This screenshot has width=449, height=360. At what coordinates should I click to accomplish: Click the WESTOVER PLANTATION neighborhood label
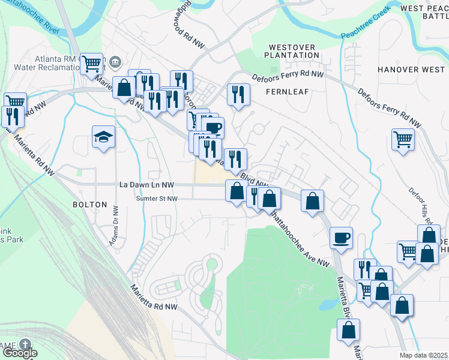(294, 51)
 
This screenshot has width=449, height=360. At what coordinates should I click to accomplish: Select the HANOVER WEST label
(411, 70)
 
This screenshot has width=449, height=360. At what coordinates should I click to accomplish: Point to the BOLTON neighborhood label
(89, 205)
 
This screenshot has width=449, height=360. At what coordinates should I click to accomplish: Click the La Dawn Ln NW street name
(146, 185)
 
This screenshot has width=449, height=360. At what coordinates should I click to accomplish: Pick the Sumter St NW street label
(157, 198)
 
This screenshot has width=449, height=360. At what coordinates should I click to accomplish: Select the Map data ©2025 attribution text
(424, 355)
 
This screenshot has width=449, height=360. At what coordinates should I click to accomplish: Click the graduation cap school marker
(103, 137)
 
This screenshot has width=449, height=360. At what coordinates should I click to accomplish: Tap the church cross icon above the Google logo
(25, 344)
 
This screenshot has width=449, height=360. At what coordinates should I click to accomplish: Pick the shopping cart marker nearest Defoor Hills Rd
(403, 139)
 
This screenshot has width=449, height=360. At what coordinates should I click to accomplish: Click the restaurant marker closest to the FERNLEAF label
(238, 94)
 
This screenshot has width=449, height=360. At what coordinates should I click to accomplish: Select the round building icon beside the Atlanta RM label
(115, 61)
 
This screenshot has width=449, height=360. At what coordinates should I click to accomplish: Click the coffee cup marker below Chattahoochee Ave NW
(341, 238)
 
